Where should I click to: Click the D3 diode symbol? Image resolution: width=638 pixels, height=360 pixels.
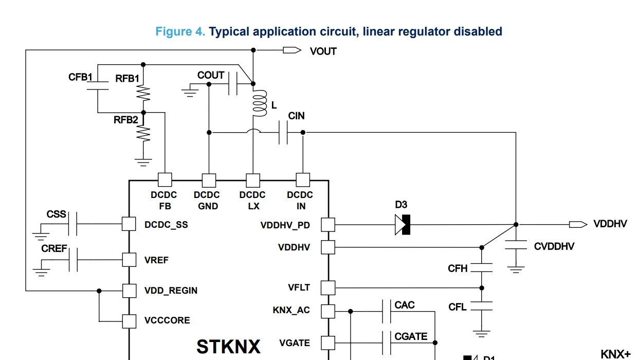pyautogui.click(x=403, y=225)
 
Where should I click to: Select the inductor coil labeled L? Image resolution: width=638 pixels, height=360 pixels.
pyautogui.click(x=259, y=103)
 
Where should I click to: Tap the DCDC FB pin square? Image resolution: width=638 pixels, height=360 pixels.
pyautogui.click(x=165, y=180)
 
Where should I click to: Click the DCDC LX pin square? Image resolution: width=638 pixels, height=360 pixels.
pyautogui.click(x=253, y=180)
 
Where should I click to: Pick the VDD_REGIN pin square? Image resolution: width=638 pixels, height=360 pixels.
pyautogui.click(x=130, y=291)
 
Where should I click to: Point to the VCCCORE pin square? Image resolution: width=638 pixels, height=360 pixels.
pyautogui.click(x=130, y=321)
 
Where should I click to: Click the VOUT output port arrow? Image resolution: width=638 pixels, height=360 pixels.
pyautogui.click(x=292, y=50)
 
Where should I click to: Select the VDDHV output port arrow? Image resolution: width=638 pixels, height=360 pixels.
pyautogui.click(x=578, y=225)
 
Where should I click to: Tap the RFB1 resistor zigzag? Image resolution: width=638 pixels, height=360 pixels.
pyautogui.click(x=143, y=94)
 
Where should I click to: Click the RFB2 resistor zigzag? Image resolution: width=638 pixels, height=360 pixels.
pyautogui.click(x=143, y=134)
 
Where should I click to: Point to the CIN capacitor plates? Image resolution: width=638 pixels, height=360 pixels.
pyautogui.click(x=283, y=132)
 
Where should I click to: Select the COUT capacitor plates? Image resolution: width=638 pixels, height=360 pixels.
pyautogui.click(x=233, y=83)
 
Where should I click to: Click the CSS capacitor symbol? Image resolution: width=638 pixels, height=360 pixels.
pyautogui.click(x=72, y=224)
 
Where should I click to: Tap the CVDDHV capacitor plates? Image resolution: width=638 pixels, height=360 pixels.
pyautogui.click(x=516, y=245)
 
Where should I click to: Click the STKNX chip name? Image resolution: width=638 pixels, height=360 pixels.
pyautogui.click(x=228, y=347)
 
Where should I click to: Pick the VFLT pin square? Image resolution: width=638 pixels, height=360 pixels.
pyautogui.click(x=328, y=287)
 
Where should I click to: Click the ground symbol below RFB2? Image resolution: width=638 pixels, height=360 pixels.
pyautogui.click(x=143, y=162)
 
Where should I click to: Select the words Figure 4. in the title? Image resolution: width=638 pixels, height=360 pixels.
pyautogui.click(x=180, y=31)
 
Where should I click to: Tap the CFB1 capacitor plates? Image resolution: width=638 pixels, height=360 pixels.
pyautogui.click(x=98, y=85)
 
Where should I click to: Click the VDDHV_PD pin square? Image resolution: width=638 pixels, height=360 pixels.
pyautogui.click(x=328, y=225)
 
